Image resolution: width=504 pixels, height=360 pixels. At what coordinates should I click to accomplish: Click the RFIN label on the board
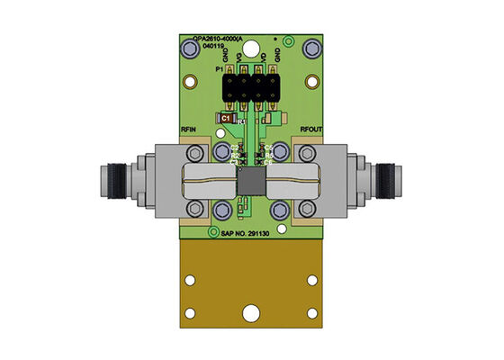click(189, 130)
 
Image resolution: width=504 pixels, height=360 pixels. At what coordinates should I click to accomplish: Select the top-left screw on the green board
click(191, 55)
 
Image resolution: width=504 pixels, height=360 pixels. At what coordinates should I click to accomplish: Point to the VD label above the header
click(262, 60)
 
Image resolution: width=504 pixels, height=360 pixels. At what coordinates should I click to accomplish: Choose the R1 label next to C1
click(241, 121)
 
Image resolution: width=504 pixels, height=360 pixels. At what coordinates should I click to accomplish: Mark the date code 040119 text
click(202, 47)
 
